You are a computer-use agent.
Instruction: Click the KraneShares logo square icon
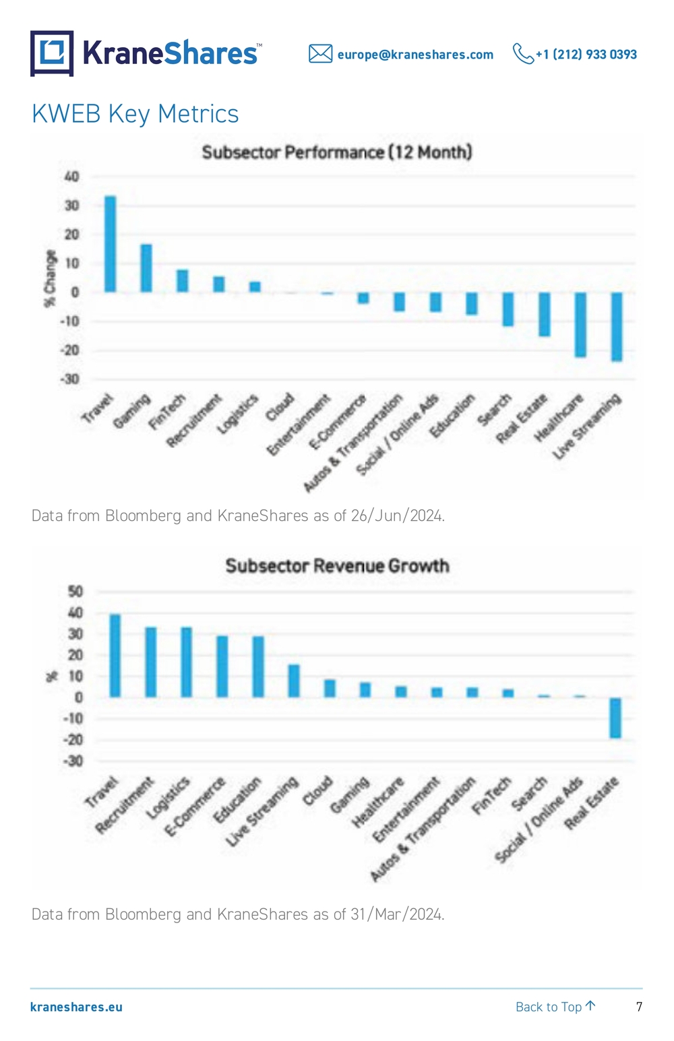point(52,53)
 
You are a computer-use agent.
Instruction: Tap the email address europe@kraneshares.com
point(415,55)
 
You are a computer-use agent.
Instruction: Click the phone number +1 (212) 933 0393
point(586,55)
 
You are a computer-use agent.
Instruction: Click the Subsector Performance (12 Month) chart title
point(337,152)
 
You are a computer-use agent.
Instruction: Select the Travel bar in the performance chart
point(110,244)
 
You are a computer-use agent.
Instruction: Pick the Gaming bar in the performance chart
point(146,268)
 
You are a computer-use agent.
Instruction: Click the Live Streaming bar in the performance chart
point(617,327)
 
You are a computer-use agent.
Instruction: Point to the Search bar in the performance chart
point(508,309)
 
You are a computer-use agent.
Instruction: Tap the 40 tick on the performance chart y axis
point(72,177)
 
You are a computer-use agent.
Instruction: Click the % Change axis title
point(50,278)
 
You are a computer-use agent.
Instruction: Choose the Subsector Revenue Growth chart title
point(338,566)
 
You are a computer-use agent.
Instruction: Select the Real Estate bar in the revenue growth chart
point(615,718)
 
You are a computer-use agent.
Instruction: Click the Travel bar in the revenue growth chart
point(115,656)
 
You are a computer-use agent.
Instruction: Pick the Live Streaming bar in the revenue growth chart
point(294,681)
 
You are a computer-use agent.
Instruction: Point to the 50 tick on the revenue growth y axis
point(75,592)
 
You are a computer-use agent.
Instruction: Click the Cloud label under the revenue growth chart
point(317,790)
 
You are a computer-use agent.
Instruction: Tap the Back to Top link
point(555,1007)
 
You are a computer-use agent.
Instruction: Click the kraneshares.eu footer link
point(76,1007)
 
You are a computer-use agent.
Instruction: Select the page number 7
point(639,1007)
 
